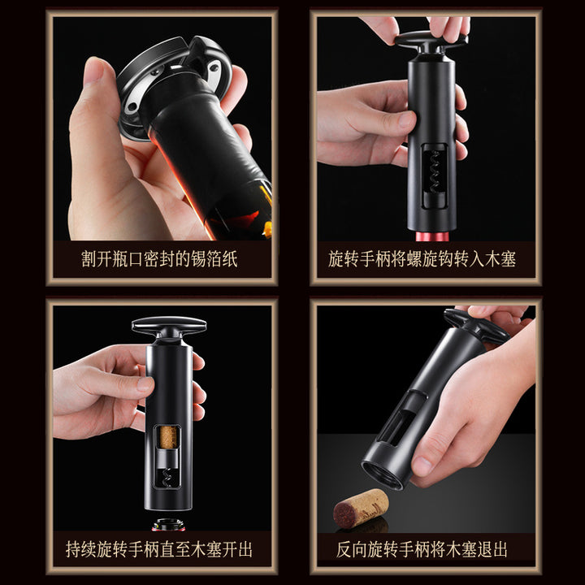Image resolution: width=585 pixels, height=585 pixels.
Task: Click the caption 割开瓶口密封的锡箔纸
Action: click(x=159, y=259)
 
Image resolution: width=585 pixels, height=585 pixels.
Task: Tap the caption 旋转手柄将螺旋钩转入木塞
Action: click(x=422, y=259)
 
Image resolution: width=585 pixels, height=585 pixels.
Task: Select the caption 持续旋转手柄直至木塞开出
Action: click(x=159, y=549)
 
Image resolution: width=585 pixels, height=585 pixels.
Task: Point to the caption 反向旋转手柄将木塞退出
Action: click(x=422, y=549)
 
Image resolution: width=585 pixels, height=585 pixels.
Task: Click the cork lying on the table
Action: click(x=361, y=509)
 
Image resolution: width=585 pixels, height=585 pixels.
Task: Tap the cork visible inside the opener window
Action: click(x=168, y=438)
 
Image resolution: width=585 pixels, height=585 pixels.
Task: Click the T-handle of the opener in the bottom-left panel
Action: click(x=169, y=327)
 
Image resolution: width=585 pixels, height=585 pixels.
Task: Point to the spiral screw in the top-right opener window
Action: click(x=435, y=171)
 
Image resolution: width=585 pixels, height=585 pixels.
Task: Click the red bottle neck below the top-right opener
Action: click(x=432, y=236)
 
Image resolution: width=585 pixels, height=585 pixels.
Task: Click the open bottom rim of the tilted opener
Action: click(x=383, y=474)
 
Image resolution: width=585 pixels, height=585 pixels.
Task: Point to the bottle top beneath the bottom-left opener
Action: click(x=168, y=525)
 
